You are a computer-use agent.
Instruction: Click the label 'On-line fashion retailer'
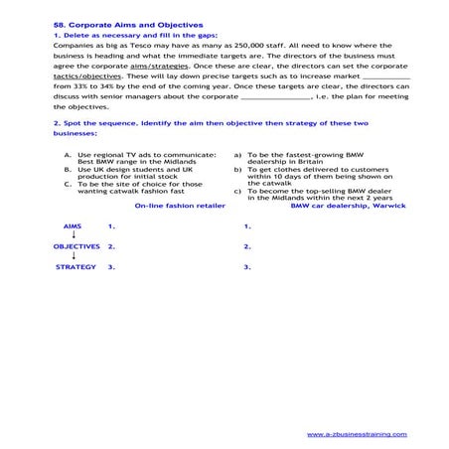point(180,206)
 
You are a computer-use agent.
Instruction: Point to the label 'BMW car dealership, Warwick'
point(341,206)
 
